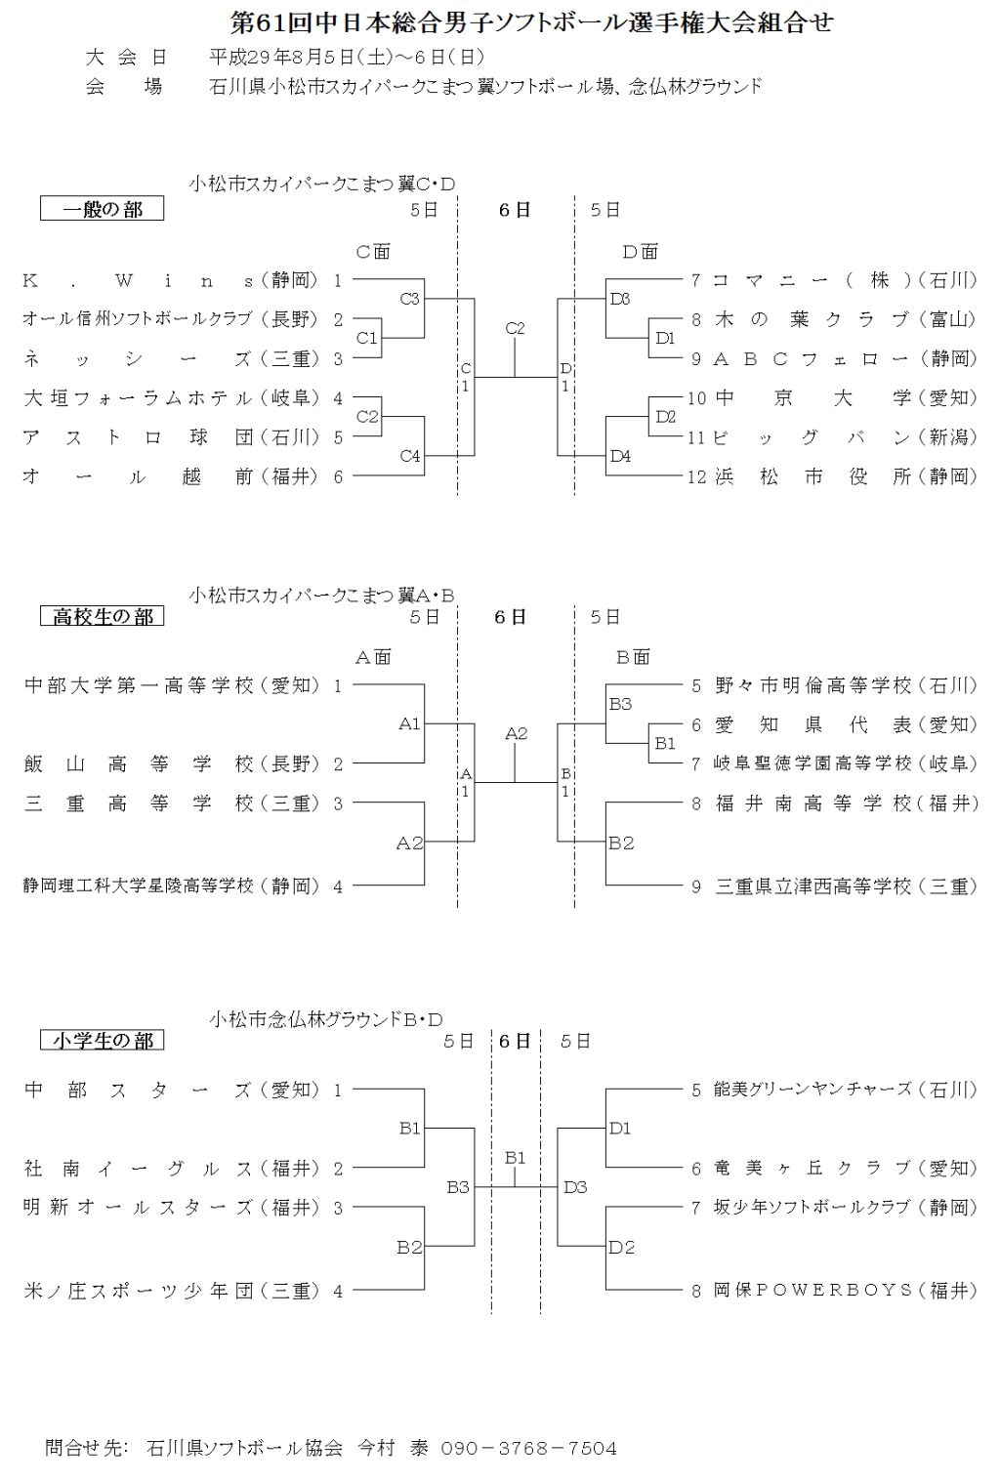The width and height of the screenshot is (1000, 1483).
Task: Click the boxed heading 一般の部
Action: (102, 209)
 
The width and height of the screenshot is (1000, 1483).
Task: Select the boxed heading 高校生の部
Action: (102, 616)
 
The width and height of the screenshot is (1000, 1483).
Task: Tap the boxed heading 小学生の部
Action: (102, 1040)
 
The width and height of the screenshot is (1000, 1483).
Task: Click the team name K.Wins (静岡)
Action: (170, 281)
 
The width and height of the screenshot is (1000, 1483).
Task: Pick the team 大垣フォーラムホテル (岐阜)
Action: (170, 398)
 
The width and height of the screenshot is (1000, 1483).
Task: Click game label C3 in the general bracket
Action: (409, 300)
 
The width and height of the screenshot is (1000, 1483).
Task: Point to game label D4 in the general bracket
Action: (620, 456)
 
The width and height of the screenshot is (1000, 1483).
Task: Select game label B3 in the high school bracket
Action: (620, 704)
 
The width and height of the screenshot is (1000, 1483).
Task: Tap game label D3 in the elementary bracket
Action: (575, 1187)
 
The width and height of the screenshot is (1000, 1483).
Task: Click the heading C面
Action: (373, 252)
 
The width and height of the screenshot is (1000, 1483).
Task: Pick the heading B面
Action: (633, 657)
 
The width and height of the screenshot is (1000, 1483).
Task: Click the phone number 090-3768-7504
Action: (528, 1448)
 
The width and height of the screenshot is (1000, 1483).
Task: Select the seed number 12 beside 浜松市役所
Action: (696, 477)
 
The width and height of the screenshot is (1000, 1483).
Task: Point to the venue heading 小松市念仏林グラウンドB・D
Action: (326, 1019)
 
